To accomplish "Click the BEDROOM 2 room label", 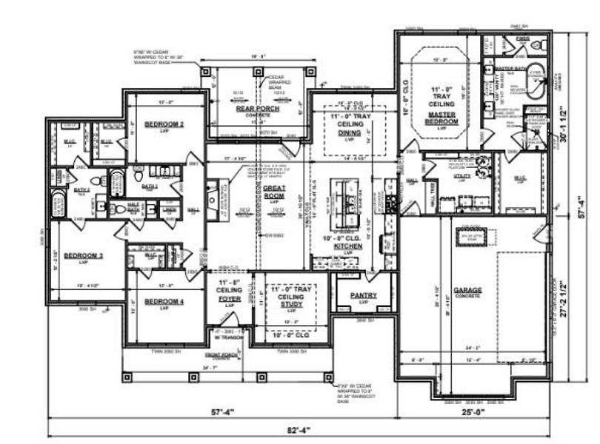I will [x=164, y=124].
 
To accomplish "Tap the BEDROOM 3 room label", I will [x=82, y=257].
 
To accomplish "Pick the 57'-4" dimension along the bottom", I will [x=220, y=412].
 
